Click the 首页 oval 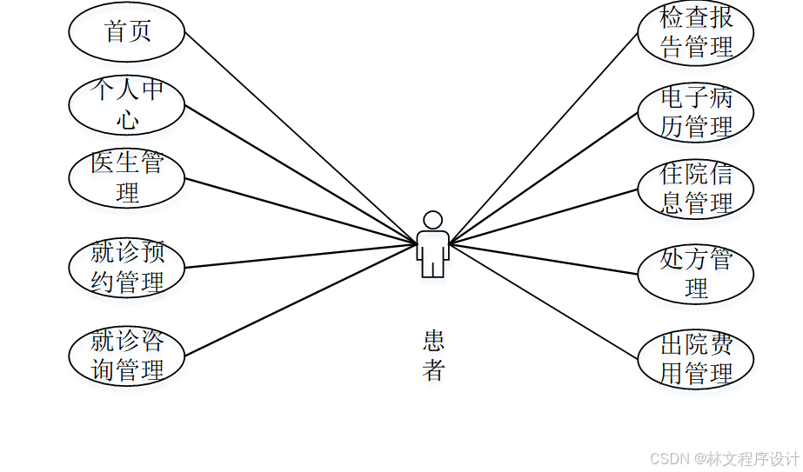pyautogui.click(x=127, y=32)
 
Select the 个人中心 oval pyautogui.click(x=127, y=105)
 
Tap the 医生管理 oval pyautogui.click(x=127, y=178)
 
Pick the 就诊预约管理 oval pyautogui.click(x=127, y=268)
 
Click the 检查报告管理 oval pyautogui.click(x=695, y=32)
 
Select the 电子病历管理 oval pyautogui.click(x=695, y=112)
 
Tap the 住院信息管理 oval pyautogui.click(x=695, y=189)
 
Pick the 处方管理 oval pyautogui.click(x=695, y=274)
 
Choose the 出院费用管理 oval pyautogui.click(x=695, y=359)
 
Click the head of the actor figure pyautogui.click(x=432, y=220)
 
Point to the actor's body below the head pyautogui.click(x=432, y=252)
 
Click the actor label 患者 pyautogui.click(x=433, y=356)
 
